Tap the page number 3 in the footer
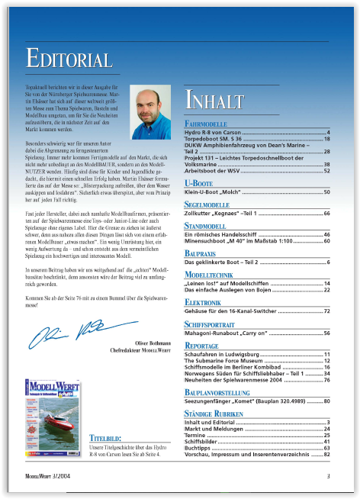click(x=328, y=476)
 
